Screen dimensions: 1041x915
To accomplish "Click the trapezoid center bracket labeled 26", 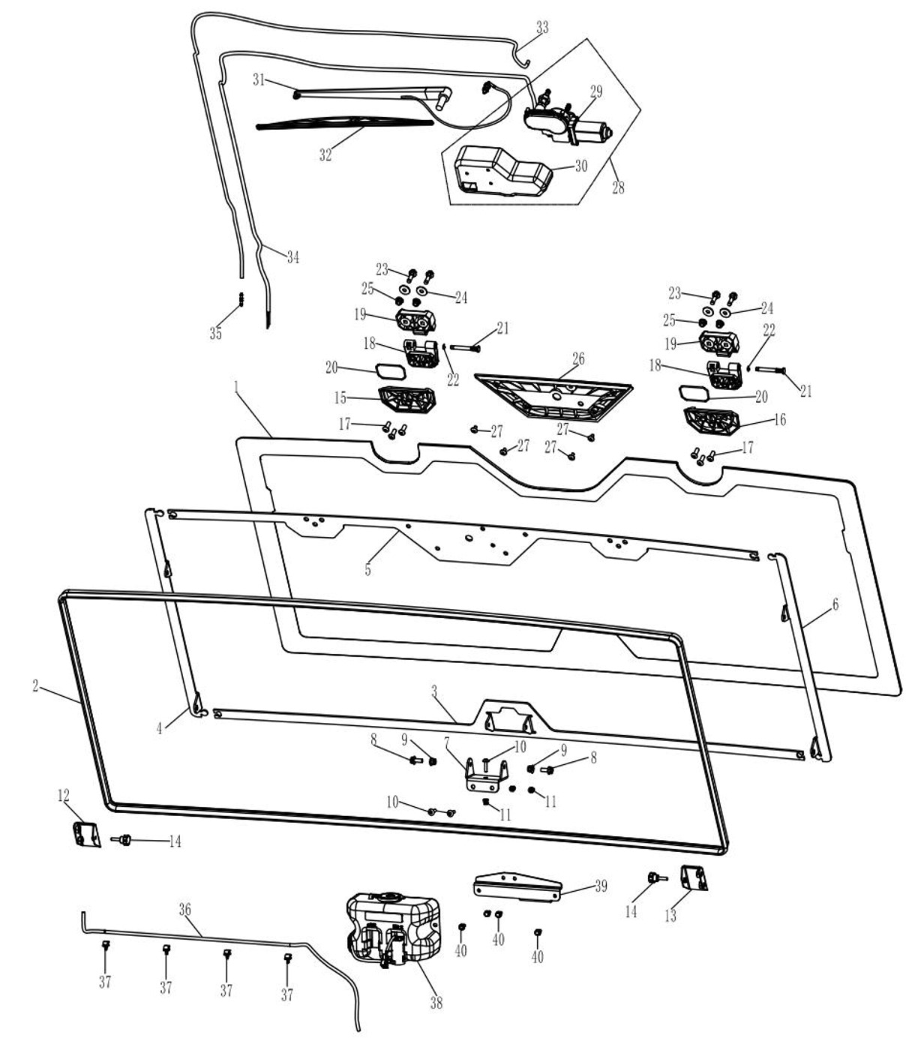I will pyautogui.click(x=553, y=395).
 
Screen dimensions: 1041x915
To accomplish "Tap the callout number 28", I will pyautogui.click(x=618, y=187).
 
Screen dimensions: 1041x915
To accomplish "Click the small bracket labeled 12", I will pyautogui.click(x=86, y=833).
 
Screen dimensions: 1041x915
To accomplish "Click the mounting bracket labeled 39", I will pyautogui.click(x=517, y=885).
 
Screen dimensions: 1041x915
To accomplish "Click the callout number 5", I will pyautogui.click(x=367, y=570).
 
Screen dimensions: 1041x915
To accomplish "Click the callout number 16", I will pyautogui.click(x=779, y=420).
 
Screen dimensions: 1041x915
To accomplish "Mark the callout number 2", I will pyautogui.click(x=35, y=685).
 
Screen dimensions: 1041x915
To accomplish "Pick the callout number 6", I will pyautogui.click(x=835, y=604).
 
